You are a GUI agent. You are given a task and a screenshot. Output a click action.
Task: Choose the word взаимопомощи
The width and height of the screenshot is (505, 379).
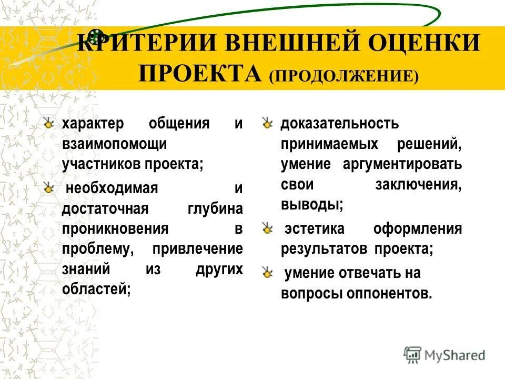click(x=114, y=144)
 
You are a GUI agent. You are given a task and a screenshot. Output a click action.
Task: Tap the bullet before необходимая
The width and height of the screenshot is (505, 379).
click(x=49, y=188)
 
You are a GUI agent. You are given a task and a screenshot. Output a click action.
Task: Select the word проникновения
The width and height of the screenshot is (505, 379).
click(x=115, y=228)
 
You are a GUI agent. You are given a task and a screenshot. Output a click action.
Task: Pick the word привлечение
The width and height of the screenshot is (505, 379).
click(x=197, y=248)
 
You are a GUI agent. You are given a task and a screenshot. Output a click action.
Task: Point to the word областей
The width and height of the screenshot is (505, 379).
click(x=96, y=288)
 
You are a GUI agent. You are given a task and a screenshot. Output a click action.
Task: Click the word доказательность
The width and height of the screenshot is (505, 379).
click(x=340, y=124)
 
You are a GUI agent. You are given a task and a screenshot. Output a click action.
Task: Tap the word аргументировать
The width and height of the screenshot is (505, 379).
click(x=403, y=164)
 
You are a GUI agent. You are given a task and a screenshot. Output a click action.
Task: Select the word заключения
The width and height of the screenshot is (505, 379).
click(x=419, y=184)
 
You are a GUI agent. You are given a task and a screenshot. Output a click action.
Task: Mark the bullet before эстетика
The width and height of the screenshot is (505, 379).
click(x=268, y=229)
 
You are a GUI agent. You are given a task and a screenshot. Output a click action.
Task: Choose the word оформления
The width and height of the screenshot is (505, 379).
click(x=418, y=230)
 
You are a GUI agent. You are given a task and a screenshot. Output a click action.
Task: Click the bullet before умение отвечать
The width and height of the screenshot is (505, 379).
click(x=268, y=273)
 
